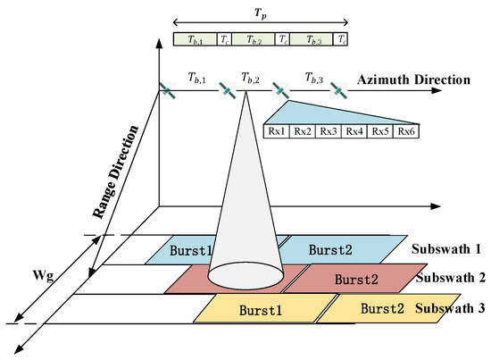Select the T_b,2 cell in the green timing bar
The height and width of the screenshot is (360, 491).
[x=256, y=39]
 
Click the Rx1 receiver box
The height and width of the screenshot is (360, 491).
[x=277, y=132]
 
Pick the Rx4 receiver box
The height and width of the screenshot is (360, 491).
[x=354, y=132]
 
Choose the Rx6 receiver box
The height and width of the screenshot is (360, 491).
[x=406, y=132]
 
